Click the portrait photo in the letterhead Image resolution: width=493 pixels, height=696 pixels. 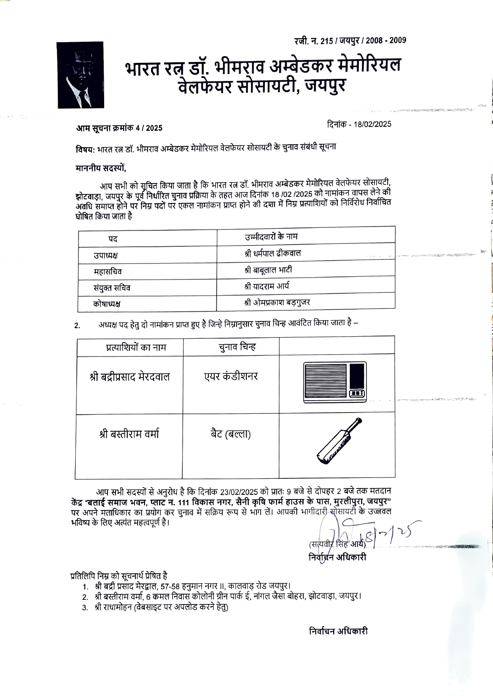point(81,75)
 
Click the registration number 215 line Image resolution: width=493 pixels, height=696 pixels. point(350,40)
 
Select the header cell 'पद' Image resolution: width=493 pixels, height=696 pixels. point(113,239)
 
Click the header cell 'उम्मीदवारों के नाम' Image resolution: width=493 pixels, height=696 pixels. point(271,237)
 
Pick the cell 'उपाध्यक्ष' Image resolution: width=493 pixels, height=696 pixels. point(106,256)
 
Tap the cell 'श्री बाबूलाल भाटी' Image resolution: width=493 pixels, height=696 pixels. point(268,270)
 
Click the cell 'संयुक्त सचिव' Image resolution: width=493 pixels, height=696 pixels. point(112,288)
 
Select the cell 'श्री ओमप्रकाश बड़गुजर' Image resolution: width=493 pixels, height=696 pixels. point(277,302)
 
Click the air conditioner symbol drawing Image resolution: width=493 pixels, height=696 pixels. point(335,382)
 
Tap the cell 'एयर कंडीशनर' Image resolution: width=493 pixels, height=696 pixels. point(231,376)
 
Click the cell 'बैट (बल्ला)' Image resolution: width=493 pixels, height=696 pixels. point(231,434)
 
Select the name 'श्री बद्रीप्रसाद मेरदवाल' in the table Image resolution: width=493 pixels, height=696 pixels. point(129,377)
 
